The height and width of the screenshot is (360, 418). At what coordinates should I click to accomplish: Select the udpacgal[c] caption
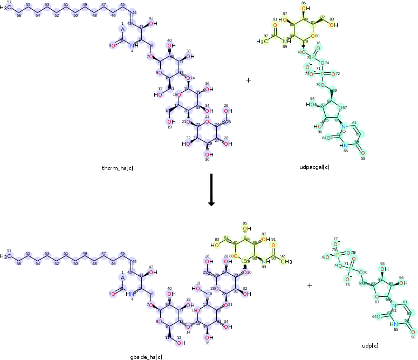[x=314, y=167]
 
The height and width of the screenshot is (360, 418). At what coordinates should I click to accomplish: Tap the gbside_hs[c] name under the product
[x=146, y=357]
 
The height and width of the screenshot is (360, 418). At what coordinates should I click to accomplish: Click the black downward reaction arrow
[x=211, y=189]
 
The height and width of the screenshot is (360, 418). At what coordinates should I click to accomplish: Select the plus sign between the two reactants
[x=248, y=80]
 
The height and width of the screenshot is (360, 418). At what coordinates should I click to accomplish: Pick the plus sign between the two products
[x=310, y=285]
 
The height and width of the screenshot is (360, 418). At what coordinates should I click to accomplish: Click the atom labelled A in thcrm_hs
[x=123, y=30]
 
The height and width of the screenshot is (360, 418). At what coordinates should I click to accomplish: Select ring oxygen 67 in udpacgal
[x=345, y=107]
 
